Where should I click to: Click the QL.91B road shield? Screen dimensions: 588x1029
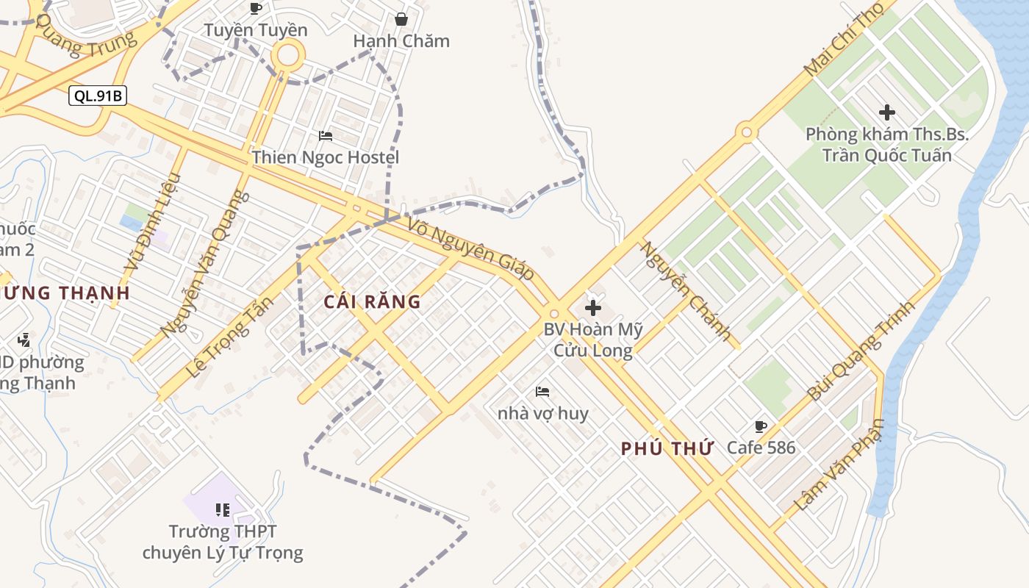tap(98, 96)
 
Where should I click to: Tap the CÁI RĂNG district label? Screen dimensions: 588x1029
tap(372, 301)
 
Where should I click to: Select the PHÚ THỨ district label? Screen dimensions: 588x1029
tap(667, 448)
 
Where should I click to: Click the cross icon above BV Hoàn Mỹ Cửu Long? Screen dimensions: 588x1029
tap(593, 308)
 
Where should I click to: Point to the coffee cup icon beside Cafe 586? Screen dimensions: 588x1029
tap(761, 426)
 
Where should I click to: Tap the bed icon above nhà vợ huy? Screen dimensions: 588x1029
tap(542, 392)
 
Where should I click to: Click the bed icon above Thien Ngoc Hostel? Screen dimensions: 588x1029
tap(325, 136)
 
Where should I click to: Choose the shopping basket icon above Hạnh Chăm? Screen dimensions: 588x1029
tap(401, 19)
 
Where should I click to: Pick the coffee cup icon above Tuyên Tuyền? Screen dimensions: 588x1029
tap(256, 9)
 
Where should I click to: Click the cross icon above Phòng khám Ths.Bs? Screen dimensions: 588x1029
tap(887, 112)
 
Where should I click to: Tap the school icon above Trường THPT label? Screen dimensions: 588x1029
tap(223, 509)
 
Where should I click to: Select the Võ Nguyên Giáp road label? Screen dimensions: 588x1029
tap(470, 248)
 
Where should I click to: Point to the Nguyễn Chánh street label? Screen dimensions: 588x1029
tap(686, 291)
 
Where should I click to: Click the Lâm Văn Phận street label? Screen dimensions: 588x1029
tap(838, 465)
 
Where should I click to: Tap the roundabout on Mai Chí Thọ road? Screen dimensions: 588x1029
tap(747, 132)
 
